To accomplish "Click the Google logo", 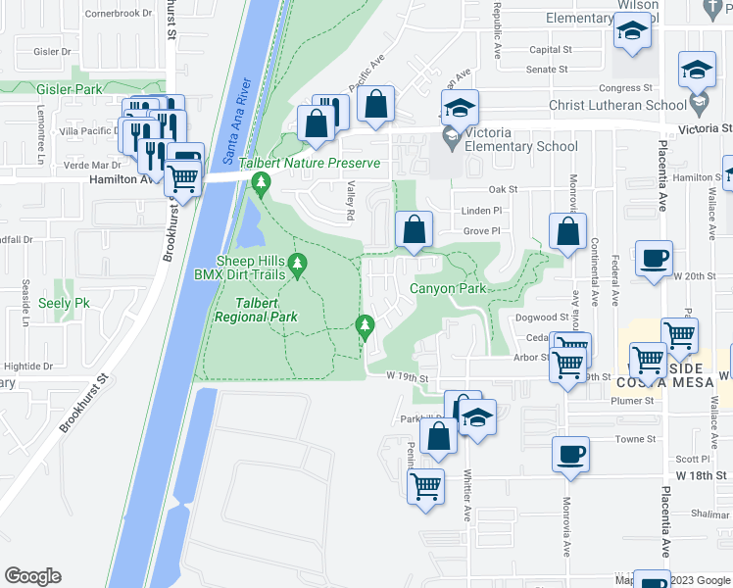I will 32,576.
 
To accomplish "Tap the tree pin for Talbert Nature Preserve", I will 261,182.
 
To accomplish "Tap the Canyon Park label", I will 447,288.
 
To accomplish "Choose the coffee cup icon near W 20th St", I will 654,261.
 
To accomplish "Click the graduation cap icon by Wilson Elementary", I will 632,34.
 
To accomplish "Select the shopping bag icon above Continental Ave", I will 567,232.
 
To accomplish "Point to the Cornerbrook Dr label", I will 120,14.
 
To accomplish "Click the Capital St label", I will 550,50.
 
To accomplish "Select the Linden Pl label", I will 481,210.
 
